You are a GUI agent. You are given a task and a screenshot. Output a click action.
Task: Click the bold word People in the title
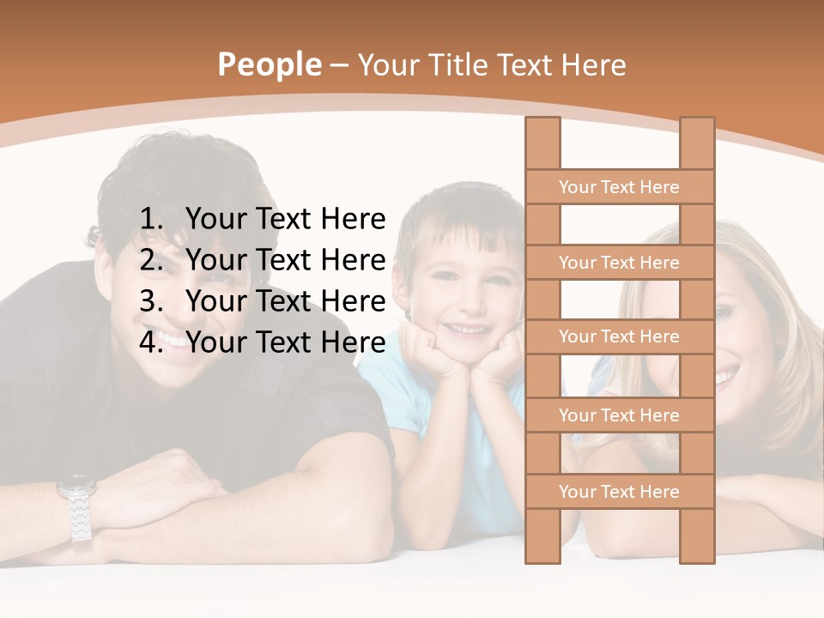coord(269,64)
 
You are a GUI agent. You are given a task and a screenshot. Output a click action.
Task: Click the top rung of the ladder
coord(619,186)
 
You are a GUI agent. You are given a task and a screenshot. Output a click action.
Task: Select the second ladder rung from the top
coord(619,262)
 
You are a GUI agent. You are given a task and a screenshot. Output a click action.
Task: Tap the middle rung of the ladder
coord(619,336)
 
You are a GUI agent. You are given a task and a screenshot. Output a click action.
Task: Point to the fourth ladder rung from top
coord(619,415)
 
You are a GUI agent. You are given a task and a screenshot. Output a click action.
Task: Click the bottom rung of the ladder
coord(619,491)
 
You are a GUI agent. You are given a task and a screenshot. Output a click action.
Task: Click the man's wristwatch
coord(77,506)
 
